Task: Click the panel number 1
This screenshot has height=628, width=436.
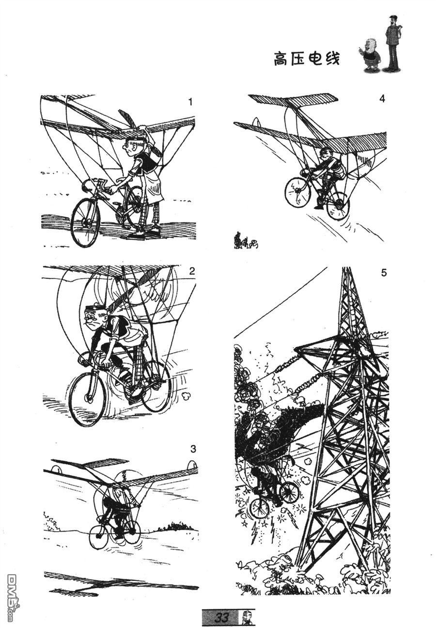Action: (190, 102)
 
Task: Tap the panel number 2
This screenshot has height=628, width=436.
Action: (192, 271)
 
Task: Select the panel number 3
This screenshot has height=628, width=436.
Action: (193, 449)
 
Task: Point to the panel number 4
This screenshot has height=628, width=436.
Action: (383, 99)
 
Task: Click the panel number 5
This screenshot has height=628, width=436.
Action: (384, 272)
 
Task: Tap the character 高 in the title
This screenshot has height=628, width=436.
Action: (281, 59)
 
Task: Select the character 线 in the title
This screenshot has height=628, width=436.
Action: (332, 59)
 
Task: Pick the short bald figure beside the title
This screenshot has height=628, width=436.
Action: (369, 55)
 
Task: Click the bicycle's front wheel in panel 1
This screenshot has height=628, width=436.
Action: (85, 222)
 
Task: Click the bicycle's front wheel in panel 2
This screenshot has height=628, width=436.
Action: (87, 399)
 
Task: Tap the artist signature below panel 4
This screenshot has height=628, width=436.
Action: (246, 240)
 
